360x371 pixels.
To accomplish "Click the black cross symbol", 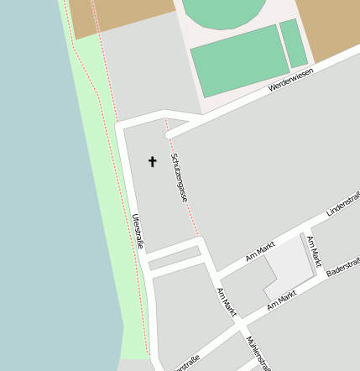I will (153, 161).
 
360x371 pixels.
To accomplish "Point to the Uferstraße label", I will (138, 231).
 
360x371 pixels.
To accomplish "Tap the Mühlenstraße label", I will (258, 353).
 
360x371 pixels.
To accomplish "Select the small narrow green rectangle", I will (294, 43).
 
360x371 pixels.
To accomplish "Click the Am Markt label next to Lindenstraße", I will (260, 251).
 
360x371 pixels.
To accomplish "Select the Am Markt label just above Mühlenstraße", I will (226, 302).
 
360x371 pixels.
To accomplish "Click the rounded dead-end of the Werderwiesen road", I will (170, 133).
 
